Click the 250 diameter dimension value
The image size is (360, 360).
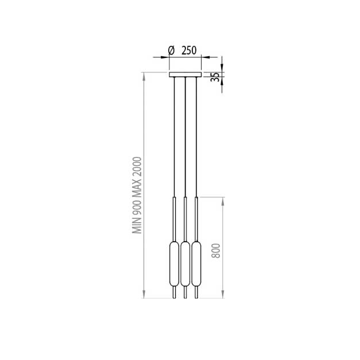click(189, 51)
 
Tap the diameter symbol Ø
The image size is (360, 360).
click(171, 51)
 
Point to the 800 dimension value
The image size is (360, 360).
click(216, 251)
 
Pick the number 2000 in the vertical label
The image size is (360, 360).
click(137, 167)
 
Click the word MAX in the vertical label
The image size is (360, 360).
click(137, 187)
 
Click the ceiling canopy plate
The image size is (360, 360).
click(185, 75)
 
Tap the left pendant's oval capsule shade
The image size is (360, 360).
click(174, 264)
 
